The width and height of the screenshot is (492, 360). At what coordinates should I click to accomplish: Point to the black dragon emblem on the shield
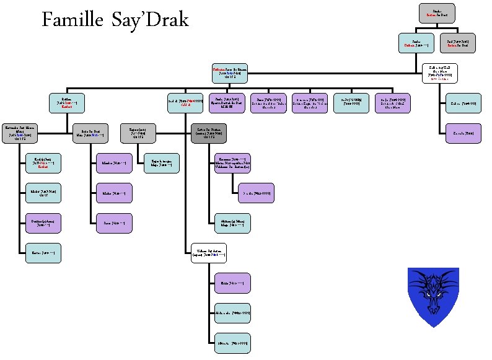point(433,291)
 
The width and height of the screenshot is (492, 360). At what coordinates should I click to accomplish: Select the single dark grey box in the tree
point(209,133)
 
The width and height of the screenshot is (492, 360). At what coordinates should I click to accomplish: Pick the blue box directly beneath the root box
point(415,43)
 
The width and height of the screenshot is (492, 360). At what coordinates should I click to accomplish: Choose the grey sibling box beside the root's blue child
point(458,43)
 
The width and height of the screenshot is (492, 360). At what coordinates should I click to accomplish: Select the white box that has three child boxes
point(209,253)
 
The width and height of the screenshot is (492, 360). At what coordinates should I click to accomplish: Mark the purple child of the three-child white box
point(232,283)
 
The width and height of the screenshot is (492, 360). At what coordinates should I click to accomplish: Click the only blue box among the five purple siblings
point(351,103)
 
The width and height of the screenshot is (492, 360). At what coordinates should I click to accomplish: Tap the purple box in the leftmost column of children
point(43,223)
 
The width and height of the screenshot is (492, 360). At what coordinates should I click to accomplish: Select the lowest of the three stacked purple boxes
point(113,223)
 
